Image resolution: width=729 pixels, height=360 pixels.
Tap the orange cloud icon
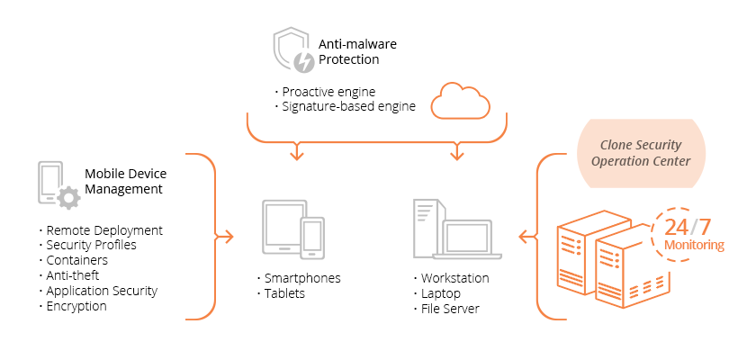point(461,100)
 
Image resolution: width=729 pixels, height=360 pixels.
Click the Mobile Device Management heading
point(125,181)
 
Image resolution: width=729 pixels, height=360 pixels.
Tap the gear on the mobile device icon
point(67,197)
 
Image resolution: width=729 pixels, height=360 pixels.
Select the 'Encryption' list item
point(76,306)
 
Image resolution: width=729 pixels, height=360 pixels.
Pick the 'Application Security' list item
point(102,291)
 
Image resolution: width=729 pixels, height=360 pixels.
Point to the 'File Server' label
point(450,309)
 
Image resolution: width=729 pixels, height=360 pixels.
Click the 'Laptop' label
point(441,293)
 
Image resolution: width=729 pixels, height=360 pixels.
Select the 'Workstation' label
point(454,278)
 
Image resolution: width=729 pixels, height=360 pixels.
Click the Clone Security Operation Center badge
point(641,153)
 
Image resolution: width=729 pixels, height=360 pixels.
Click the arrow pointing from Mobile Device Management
point(225,237)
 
